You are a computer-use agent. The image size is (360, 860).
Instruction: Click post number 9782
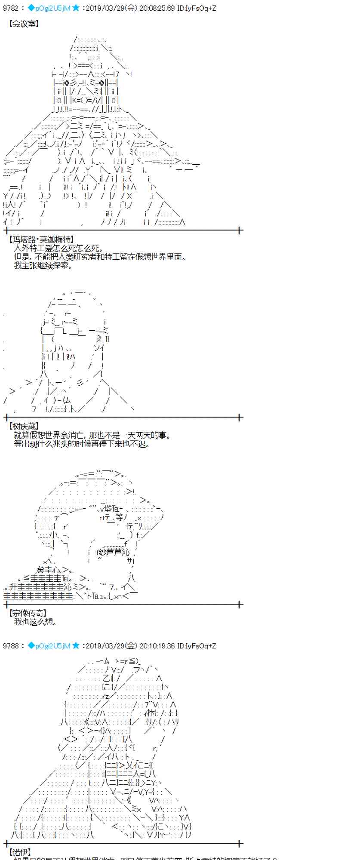(x=11, y=8)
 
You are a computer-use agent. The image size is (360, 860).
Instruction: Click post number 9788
(x=11, y=646)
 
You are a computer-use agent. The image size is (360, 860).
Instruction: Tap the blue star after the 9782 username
(x=76, y=8)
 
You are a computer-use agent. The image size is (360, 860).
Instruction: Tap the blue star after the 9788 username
(x=76, y=646)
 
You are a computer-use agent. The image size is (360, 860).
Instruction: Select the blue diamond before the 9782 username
(x=31, y=8)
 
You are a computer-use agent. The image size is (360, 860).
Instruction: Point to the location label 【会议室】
(x=23, y=24)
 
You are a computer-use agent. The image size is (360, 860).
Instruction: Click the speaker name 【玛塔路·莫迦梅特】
(x=40, y=240)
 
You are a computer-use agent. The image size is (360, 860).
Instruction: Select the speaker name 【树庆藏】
(x=23, y=427)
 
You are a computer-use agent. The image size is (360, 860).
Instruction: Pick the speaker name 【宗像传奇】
(x=27, y=613)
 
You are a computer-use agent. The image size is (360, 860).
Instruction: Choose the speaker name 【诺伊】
(x=19, y=852)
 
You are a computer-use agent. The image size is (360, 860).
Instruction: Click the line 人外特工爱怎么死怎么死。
(x=58, y=248)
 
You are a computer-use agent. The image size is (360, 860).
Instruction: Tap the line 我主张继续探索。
(x=43, y=265)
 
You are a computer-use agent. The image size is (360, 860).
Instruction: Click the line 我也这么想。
(x=35, y=622)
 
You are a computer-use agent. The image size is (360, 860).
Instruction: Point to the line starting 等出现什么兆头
(x=82, y=444)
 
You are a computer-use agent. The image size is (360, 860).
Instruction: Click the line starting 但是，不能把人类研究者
(x=100, y=257)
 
